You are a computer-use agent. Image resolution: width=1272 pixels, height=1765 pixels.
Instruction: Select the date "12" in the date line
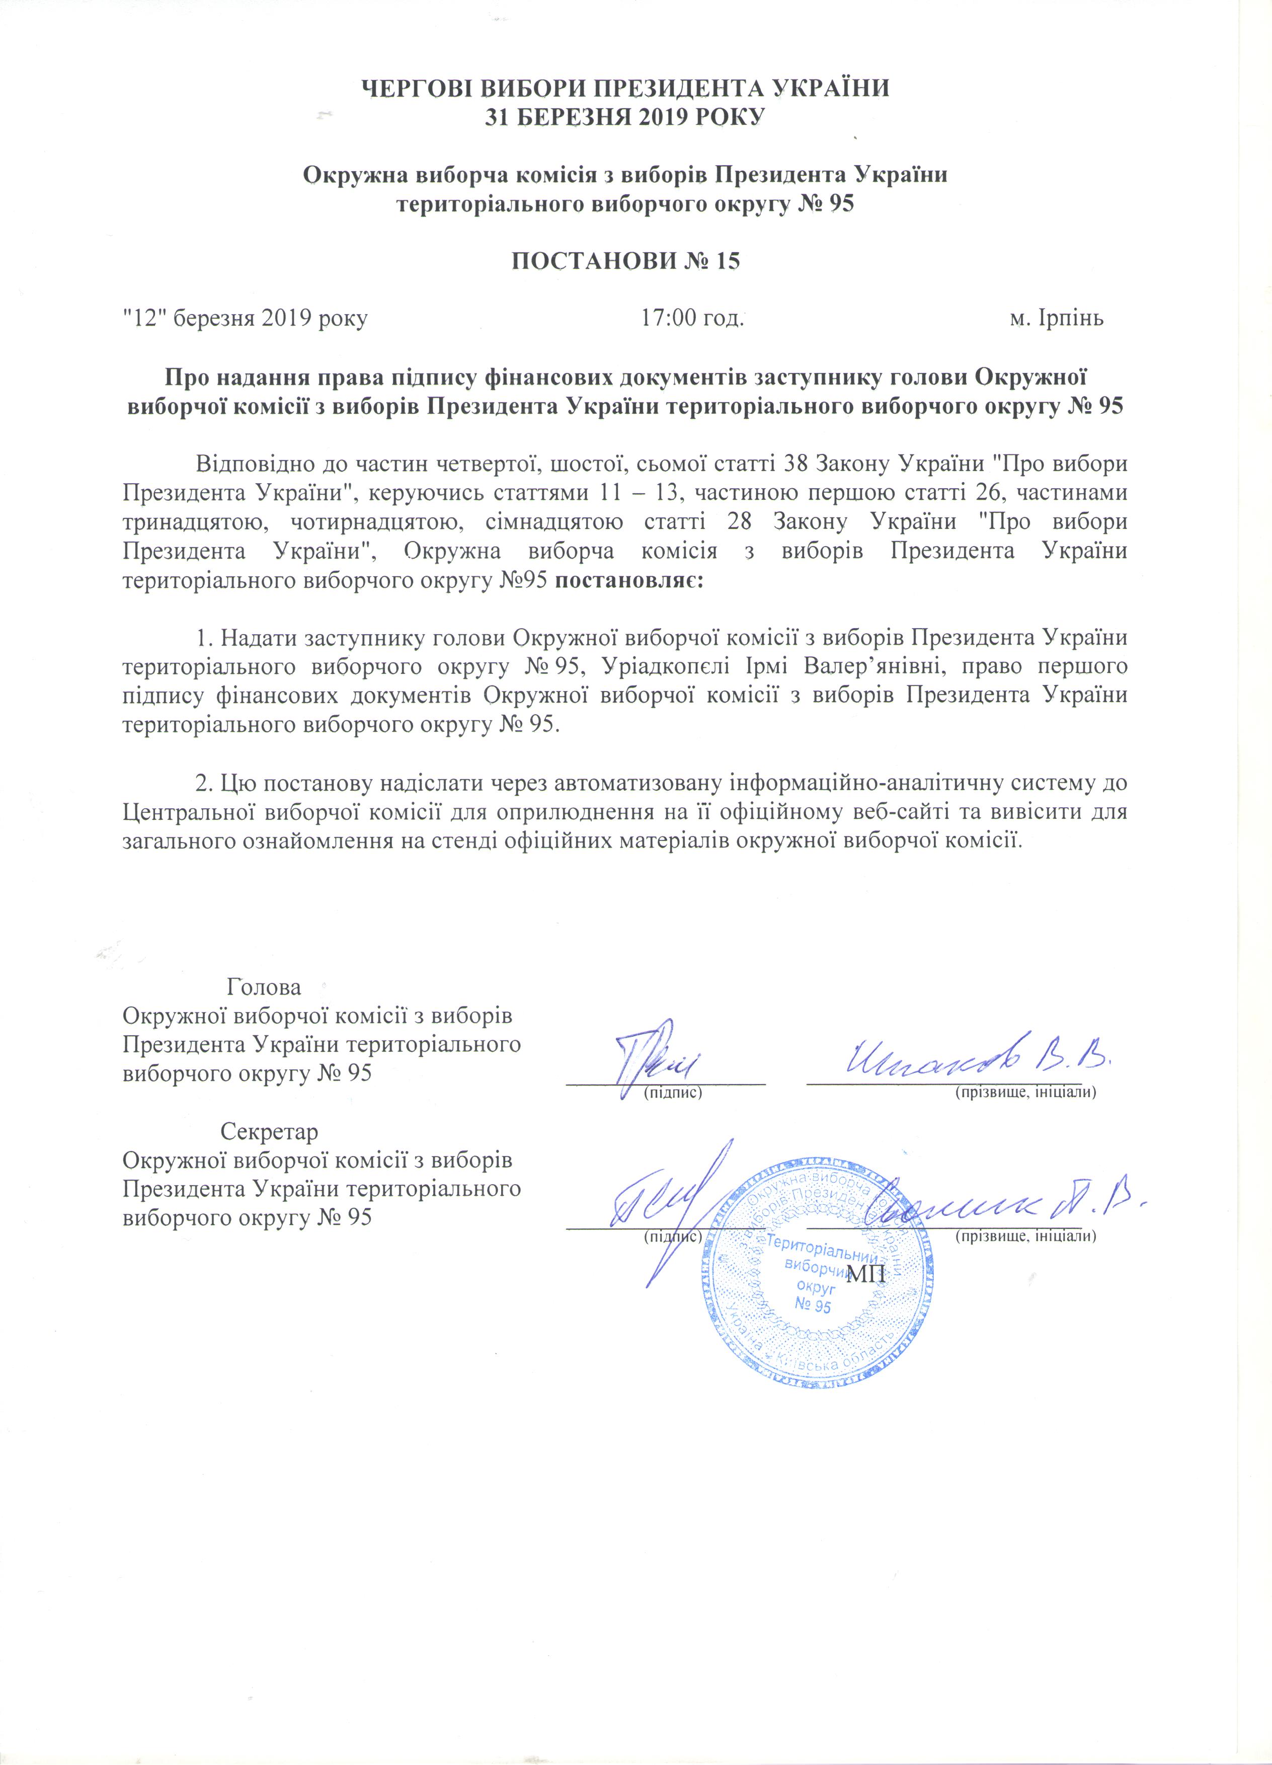click(x=146, y=318)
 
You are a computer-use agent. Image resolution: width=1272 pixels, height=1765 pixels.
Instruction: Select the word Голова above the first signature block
click(x=264, y=987)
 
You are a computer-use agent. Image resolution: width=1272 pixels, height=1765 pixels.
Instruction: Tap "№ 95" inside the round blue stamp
click(x=813, y=1305)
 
